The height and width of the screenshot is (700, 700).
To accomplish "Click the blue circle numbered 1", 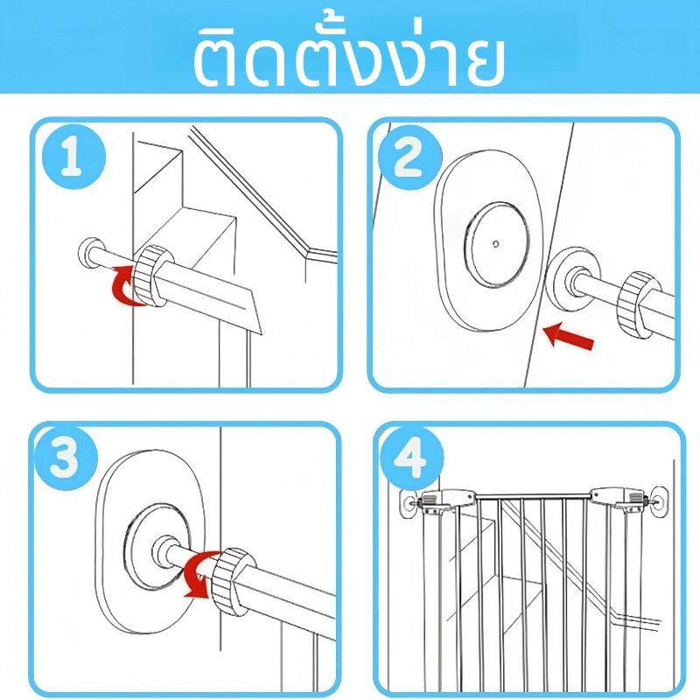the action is (74, 157).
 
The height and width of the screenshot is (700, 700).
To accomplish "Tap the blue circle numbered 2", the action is (409, 157).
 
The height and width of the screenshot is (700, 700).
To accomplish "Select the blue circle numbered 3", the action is (65, 458).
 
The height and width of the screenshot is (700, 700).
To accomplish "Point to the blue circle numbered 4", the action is (410, 458).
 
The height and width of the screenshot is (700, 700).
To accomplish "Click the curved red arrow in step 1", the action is (126, 286).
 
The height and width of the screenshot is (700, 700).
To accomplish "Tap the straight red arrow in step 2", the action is (568, 336).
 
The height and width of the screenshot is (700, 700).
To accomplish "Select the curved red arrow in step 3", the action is (202, 574).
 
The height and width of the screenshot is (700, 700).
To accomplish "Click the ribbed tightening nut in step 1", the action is (153, 275).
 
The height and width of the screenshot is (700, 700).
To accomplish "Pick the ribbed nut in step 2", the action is (639, 304).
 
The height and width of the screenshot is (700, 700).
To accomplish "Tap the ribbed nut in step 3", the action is (233, 580).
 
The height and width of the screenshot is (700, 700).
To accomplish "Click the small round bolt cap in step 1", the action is (92, 254).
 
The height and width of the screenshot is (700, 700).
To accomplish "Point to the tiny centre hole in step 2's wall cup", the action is (495, 243).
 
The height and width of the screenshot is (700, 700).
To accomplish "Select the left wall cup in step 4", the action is (409, 502).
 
